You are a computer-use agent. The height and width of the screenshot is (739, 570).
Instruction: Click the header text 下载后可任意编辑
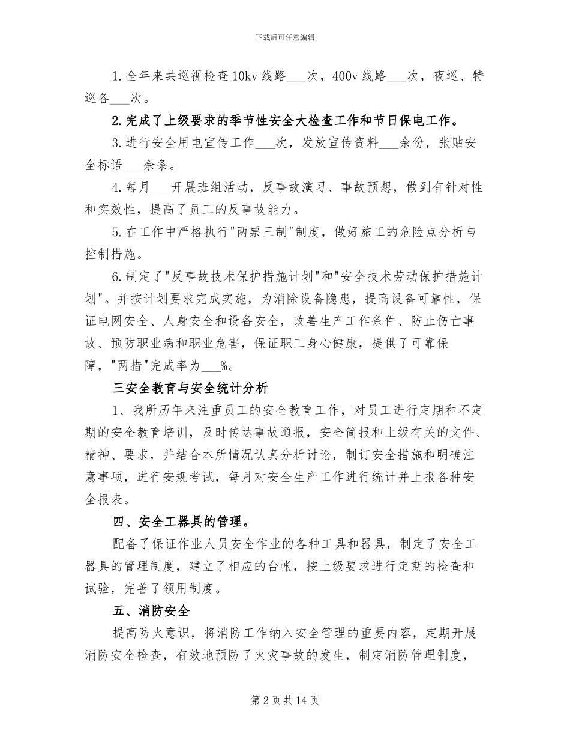(x=285, y=37)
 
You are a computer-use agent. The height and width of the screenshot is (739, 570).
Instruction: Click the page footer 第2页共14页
(x=285, y=701)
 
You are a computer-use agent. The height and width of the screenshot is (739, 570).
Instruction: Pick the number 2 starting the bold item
(x=116, y=120)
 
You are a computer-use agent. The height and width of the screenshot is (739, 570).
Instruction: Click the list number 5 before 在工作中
(x=116, y=231)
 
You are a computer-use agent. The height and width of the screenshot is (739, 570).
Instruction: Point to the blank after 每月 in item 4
(x=161, y=187)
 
